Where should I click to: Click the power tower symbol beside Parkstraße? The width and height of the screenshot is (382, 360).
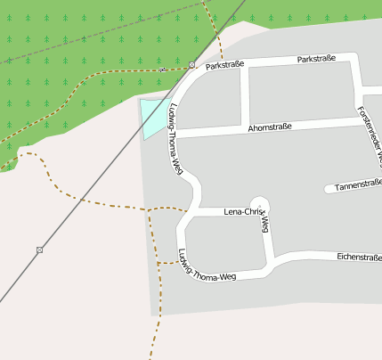192,65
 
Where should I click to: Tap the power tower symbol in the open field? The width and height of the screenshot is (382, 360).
39,250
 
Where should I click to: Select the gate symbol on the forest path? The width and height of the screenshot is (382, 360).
162,70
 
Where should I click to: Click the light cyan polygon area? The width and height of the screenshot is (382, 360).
153,117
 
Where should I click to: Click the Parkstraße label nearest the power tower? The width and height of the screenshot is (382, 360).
224,65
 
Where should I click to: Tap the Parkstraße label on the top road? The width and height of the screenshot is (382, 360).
316,59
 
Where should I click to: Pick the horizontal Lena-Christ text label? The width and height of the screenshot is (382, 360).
245,212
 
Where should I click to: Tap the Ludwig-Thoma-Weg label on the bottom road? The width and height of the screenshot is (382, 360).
207,265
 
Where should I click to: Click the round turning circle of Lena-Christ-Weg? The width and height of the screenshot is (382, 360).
259,205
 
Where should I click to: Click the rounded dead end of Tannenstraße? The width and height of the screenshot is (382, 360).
329,189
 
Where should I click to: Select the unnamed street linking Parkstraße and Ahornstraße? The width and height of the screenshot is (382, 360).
245,94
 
